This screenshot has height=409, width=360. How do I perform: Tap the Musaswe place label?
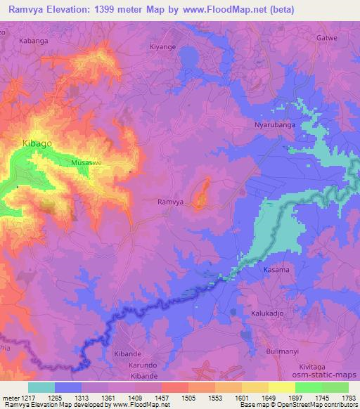pyautogui.click(x=86, y=162)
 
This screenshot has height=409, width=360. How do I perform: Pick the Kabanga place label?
pyautogui.click(x=34, y=41)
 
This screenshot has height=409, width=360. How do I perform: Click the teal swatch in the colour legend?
pyautogui.click(x=41, y=387)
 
